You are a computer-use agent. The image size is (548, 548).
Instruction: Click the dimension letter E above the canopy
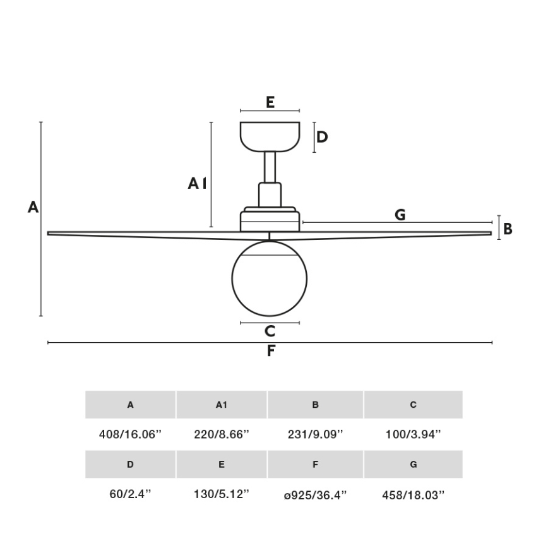pos(270,102)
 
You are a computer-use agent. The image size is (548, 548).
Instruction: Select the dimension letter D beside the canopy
pos(322,137)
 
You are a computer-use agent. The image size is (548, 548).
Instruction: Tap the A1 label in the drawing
pos(197,184)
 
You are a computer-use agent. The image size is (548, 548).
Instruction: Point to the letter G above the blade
pos(400,215)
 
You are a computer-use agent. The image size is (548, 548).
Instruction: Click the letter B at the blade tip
pos(507,229)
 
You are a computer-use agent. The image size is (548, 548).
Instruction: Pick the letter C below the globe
pos(270,331)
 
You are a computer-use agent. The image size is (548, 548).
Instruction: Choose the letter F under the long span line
pos(271,351)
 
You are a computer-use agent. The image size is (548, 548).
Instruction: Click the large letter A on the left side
pos(33,207)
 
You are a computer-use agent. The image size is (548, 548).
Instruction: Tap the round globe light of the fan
pos(270,278)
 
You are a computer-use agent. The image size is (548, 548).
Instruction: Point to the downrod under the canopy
pos(270,167)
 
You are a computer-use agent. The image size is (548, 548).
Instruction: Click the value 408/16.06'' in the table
pos(131,434)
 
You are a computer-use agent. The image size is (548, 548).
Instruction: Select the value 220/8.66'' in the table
pos(222,434)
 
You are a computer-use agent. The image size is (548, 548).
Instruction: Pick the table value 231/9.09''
pos(316,434)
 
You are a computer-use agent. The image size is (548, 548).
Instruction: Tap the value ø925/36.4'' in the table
pos(316,494)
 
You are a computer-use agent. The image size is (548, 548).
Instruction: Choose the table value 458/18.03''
pos(414,494)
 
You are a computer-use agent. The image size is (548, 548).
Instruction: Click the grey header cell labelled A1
pos(222,405)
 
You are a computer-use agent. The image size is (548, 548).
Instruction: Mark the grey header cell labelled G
pos(414,465)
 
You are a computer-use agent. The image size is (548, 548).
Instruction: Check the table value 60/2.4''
pos(131,494)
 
